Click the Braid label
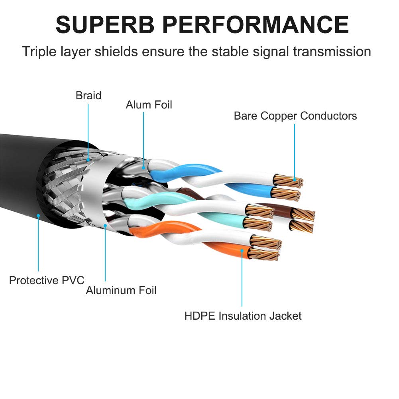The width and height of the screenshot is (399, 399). point(88,96)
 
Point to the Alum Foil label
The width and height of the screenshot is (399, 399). point(149,105)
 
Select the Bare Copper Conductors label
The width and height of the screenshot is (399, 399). point(295,116)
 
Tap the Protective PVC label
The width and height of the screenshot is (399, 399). point(47,280)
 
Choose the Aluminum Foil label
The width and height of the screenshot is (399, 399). point(121,290)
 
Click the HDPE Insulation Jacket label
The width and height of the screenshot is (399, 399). point(243,316)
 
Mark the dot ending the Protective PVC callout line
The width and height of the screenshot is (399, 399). point(38,216)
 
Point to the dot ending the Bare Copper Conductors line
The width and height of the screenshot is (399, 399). point(295,180)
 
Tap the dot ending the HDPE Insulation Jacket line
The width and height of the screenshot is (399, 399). point(242,250)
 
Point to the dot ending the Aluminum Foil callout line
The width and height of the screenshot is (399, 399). point(106,226)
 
